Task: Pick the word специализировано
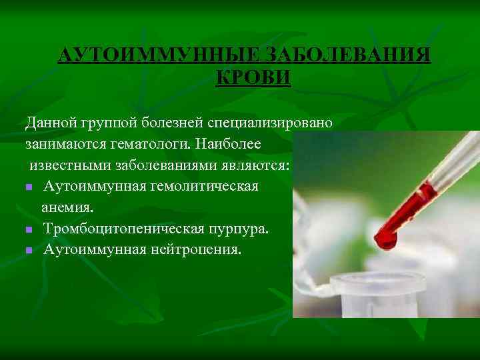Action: (x=274, y=123)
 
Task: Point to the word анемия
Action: (x=67, y=207)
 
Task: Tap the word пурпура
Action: (x=240, y=229)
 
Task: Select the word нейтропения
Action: (x=191, y=250)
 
